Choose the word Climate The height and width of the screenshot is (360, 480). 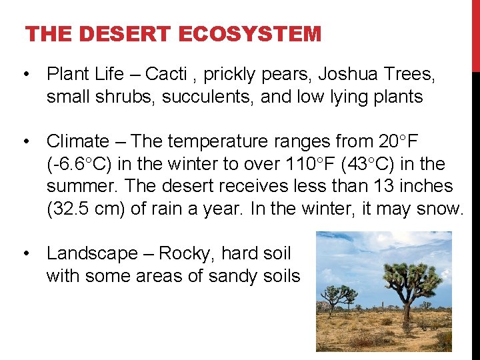77,141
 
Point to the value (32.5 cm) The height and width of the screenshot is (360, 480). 87,209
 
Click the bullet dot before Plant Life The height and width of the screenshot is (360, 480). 25,74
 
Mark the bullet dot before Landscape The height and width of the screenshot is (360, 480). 25,253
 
